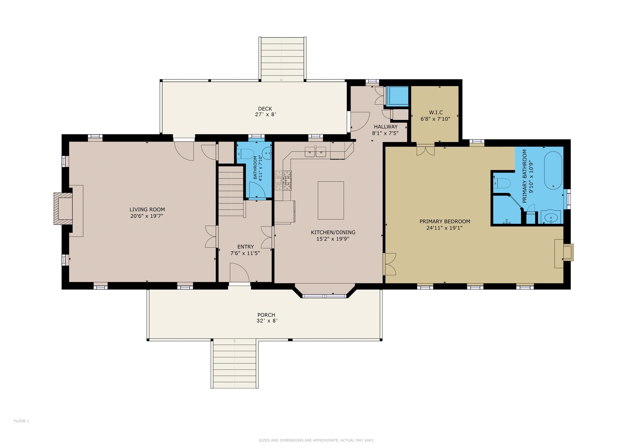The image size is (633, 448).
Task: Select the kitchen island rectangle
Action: (330, 200)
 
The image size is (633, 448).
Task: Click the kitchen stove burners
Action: (283, 181)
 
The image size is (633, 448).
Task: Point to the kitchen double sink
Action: (315, 152)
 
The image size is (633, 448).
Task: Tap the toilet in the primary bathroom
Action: (502, 183)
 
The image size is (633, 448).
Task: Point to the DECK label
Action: (265, 109)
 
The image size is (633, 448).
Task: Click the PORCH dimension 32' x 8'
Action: (267, 321)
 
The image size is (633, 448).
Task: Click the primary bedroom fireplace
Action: (568, 252)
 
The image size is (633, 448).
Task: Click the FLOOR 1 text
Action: (21, 421)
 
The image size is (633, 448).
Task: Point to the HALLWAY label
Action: (386, 127)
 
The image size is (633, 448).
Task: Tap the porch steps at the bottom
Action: (234, 364)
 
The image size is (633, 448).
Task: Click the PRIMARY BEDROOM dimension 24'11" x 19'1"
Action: (444, 228)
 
